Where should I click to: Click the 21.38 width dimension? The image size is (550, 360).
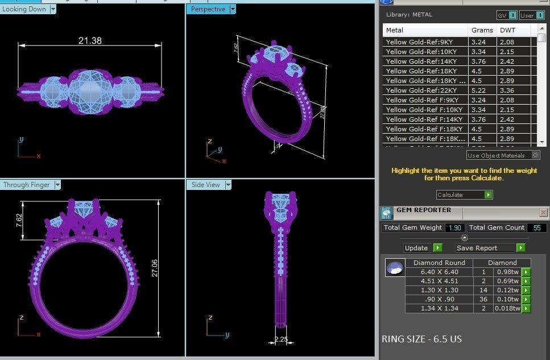[90, 40]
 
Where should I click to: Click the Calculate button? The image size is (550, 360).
[464, 195]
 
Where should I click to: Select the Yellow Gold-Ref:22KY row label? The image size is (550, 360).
[419, 90]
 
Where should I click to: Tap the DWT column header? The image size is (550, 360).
[507, 30]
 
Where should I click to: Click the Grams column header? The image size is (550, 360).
[482, 30]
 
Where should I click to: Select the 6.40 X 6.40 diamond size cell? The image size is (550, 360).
[439, 272]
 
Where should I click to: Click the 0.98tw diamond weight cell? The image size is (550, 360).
[507, 272]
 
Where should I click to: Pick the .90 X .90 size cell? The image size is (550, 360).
[439, 299]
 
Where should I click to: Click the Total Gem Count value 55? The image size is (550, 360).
[537, 227]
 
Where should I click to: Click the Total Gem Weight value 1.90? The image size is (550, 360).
[454, 227]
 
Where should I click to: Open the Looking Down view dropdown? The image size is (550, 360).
[53, 9]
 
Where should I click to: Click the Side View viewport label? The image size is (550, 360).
[205, 185]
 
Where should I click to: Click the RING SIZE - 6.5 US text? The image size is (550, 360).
[421, 340]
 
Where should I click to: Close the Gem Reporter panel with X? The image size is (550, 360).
[543, 213]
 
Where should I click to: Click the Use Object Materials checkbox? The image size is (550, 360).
[535, 155]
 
